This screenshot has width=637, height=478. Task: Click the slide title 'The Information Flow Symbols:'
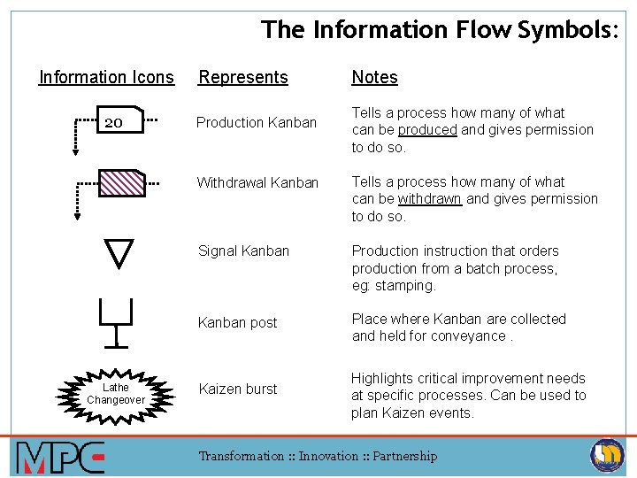[x=440, y=29]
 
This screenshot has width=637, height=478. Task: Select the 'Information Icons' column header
[x=106, y=77]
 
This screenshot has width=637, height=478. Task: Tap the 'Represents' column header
[x=243, y=77]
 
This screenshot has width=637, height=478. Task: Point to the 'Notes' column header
[x=374, y=77]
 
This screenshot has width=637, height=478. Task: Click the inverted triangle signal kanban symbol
[x=119, y=251]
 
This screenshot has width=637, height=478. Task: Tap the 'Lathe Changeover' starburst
[x=116, y=393]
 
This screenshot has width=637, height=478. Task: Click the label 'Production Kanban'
[x=256, y=122]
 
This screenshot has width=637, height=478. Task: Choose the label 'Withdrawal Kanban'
[x=257, y=182]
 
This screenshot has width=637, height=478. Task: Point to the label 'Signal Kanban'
[x=243, y=251]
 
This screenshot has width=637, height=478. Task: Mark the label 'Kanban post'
[x=237, y=322]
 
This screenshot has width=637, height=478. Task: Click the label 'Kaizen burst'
[x=237, y=389]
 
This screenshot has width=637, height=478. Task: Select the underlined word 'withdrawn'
[x=430, y=198]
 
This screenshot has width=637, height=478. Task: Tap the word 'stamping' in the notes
[x=406, y=285]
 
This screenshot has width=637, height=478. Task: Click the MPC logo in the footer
[x=60, y=457]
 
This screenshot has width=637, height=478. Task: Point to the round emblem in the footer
[x=607, y=455]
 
